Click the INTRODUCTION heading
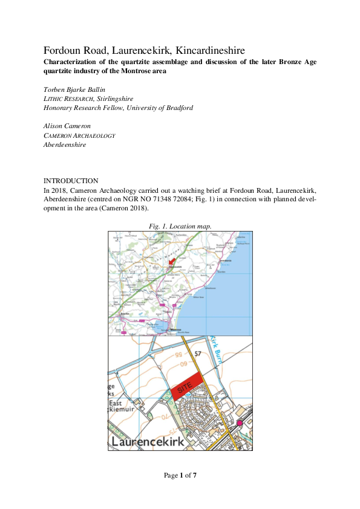[71, 181]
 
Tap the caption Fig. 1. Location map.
[180, 225]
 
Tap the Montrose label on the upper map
[176, 329]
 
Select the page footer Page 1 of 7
[180, 475]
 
